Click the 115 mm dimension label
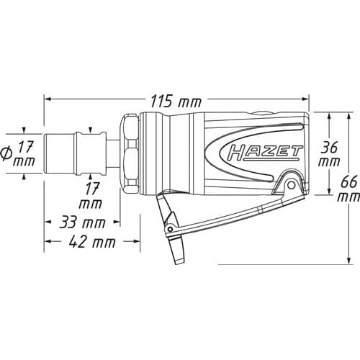pos(176,102)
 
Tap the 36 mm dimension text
pos(329,154)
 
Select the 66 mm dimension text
pos(349,189)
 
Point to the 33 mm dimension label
pos(82,222)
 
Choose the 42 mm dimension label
pos(92,242)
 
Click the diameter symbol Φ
pos(6,154)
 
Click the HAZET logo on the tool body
pos(265,153)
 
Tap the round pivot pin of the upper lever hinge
pos(291,185)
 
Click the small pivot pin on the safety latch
pos(170,228)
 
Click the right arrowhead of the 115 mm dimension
pos(305,99)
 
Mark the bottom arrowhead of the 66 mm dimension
pos(349,260)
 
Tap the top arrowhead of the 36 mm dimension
pos(330,117)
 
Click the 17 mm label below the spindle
pos(91,195)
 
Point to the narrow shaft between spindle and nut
pos(113,154)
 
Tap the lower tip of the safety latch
pos(178,261)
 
